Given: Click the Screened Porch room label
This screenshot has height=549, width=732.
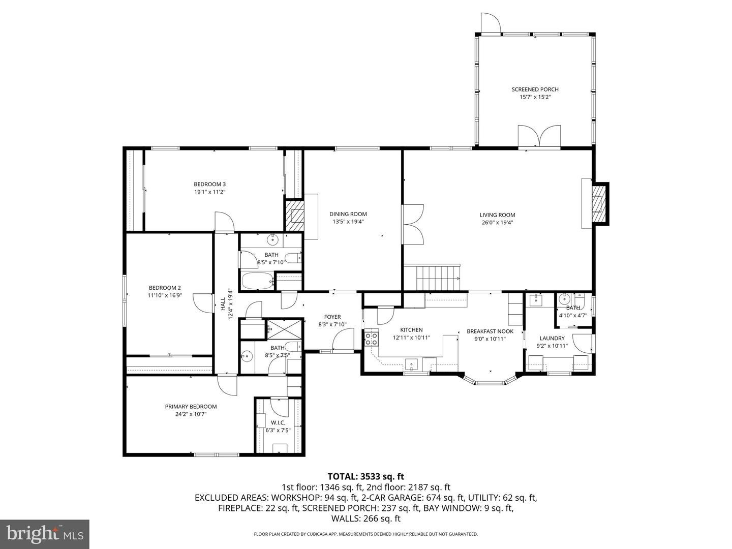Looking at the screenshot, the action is click(x=535, y=89).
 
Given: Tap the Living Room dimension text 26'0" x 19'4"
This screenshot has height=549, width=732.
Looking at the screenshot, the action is click(x=497, y=223).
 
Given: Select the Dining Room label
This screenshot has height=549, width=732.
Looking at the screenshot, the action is click(x=348, y=214).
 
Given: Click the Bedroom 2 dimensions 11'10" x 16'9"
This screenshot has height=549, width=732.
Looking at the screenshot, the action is click(x=165, y=295).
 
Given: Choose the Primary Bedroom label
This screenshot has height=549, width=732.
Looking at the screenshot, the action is click(x=191, y=406).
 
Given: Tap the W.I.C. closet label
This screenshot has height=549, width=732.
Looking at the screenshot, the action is click(x=278, y=422).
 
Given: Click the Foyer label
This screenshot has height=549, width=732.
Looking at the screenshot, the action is click(x=332, y=317).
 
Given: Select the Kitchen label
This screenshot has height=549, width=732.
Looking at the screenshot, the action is click(x=411, y=330).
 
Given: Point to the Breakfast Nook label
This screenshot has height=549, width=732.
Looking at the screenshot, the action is click(x=490, y=331).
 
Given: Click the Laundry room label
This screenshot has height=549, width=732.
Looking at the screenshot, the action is click(x=552, y=338).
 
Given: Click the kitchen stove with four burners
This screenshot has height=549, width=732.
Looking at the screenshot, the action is click(x=372, y=338).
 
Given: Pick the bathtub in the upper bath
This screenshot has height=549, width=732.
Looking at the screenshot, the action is click(x=257, y=281).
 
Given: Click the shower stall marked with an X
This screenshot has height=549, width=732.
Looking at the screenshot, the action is click(x=284, y=329).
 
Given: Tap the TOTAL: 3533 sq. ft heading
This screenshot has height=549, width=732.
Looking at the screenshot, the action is click(x=366, y=477).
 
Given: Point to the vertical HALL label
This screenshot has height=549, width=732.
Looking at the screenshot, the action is click(x=223, y=303).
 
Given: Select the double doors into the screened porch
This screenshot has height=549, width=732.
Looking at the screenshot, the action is click(x=539, y=136).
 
